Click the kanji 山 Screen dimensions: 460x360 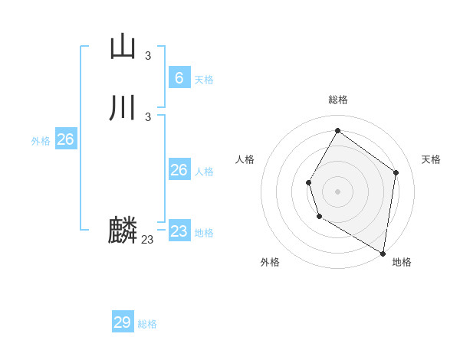[123, 47]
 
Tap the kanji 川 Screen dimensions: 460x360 [123, 108]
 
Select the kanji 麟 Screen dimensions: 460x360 [123, 231]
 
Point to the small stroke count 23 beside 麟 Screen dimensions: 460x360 [147, 240]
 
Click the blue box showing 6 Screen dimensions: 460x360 [179, 78]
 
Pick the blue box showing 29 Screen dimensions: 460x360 [123, 322]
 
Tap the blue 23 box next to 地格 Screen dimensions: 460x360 [179, 231]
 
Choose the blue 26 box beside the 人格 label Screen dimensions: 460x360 [179, 170]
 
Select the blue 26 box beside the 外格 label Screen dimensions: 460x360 [65, 139]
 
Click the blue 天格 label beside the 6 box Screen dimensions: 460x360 [204, 80]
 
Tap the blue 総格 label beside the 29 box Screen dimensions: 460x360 [147, 324]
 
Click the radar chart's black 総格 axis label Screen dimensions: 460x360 [338, 100]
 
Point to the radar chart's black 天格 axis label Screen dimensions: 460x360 [431, 159]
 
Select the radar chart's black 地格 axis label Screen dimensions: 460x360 [402, 262]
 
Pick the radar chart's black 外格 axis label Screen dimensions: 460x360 [270, 262]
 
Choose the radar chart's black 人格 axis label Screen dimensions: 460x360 [245, 159]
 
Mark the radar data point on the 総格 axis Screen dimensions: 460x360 [337, 131]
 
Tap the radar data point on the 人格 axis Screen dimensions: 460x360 [308, 182]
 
